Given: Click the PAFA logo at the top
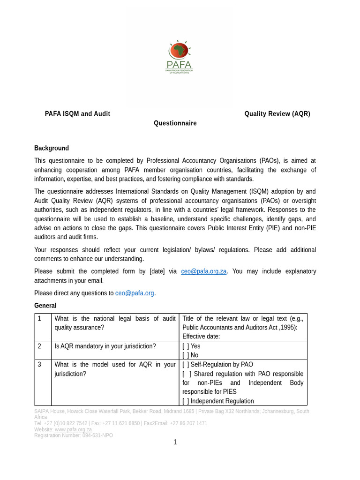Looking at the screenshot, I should (x=179, y=57).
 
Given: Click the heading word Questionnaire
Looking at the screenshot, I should (x=175, y=123).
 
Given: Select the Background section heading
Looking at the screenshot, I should (x=52, y=148).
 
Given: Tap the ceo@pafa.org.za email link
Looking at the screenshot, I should (x=204, y=271).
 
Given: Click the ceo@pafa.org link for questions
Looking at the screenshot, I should (x=135, y=293).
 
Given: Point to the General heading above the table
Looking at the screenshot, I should (x=45, y=306).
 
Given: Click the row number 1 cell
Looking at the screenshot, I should (x=40, y=319).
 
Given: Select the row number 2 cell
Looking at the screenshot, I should (x=40, y=346).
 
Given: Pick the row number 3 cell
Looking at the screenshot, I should (x=40, y=365).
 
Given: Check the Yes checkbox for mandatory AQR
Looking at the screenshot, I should (x=186, y=346).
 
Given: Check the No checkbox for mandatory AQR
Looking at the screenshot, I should (x=186, y=355).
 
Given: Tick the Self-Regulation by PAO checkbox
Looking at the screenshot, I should (x=186, y=365).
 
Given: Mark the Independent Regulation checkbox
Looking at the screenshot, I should (x=186, y=401).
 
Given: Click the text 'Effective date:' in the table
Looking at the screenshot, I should (x=201, y=337).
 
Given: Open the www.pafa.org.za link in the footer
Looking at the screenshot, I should (x=73, y=429).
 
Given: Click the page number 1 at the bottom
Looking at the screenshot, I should (x=175, y=442).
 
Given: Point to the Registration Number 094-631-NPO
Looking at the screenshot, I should (x=74, y=435).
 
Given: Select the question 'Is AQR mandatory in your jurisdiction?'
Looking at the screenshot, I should (x=105, y=346).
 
